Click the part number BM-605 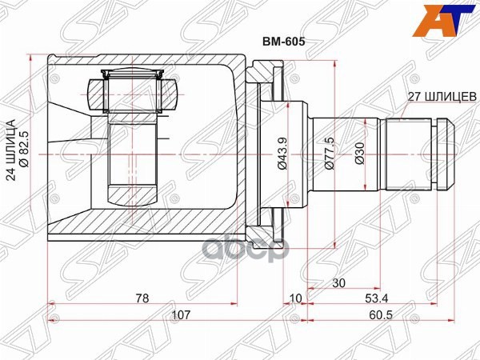284,42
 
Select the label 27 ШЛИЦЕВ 442,97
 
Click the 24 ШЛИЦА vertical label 10,150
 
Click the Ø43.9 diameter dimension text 282,153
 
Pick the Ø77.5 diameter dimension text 329,153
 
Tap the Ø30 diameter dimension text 360,154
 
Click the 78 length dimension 142,298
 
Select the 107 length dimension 181,314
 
